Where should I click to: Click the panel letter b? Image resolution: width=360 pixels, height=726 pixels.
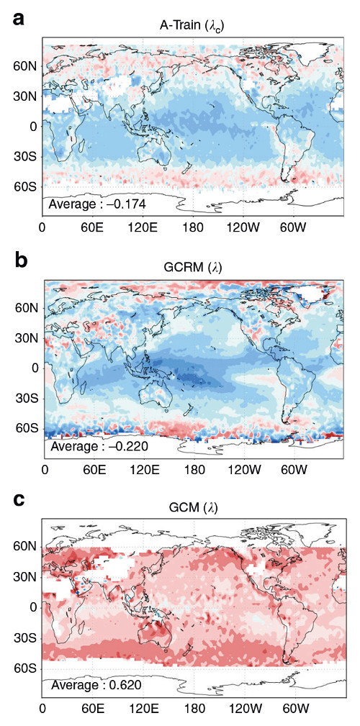click(x=21, y=260)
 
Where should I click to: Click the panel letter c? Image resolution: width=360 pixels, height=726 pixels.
click(x=19, y=500)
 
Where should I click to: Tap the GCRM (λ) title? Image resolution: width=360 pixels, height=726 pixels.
click(x=190, y=268)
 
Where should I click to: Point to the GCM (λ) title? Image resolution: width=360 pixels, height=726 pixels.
click(x=190, y=510)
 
